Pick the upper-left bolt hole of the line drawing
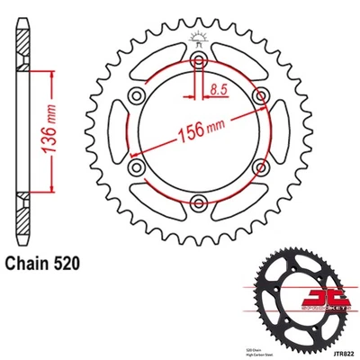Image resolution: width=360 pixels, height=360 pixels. (x=137, y=96)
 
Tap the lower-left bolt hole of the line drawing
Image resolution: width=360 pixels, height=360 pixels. (x=137, y=166)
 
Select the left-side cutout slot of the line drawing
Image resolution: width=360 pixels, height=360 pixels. (x=117, y=131)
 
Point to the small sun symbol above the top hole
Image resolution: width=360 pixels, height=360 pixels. (x=195, y=38)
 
